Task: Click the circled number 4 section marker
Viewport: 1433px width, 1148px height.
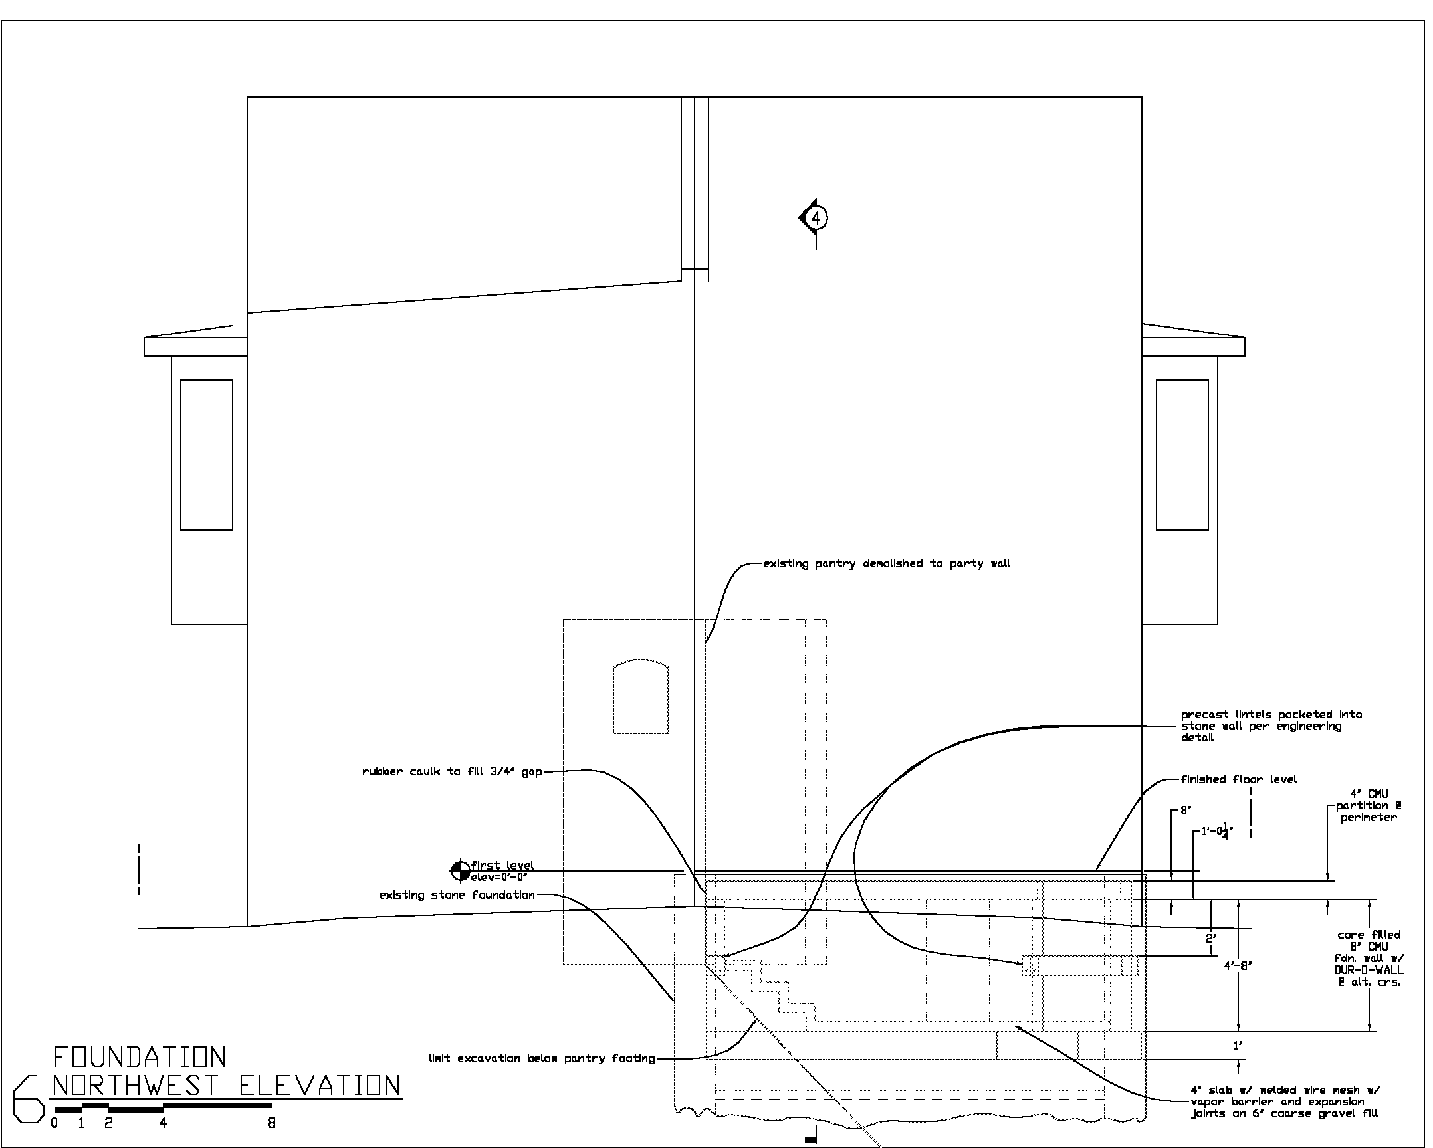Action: click(x=816, y=217)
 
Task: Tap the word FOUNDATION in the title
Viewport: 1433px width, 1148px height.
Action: click(x=140, y=1057)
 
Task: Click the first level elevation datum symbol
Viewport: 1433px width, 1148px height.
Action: click(x=460, y=870)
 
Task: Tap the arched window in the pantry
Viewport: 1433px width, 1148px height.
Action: click(x=640, y=696)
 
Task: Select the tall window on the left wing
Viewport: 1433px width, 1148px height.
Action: click(x=207, y=455)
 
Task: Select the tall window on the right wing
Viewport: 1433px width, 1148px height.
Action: click(x=1182, y=455)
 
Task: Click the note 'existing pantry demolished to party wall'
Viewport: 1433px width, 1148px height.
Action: click(x=887, y=564)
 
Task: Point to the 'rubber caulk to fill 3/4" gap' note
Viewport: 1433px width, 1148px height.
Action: click(x=452, y=772)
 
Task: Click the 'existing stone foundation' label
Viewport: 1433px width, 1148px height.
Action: click(x=457, y=895)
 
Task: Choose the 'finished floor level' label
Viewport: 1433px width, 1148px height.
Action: click(x=1239, y=779)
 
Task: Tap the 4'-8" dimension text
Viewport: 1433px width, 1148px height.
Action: click(x=1238, y=966)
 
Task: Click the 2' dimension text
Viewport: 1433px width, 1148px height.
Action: click(x=1211, y=939)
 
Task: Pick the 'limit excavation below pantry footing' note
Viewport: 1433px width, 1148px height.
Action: click(x=542, y=1059)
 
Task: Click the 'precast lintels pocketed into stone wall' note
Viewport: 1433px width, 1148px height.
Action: click(x=1271, y=726)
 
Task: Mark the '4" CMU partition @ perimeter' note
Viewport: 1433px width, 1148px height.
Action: click(x=1369, y=806)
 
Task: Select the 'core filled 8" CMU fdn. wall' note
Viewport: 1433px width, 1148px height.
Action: click(x=1369, y=958)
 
